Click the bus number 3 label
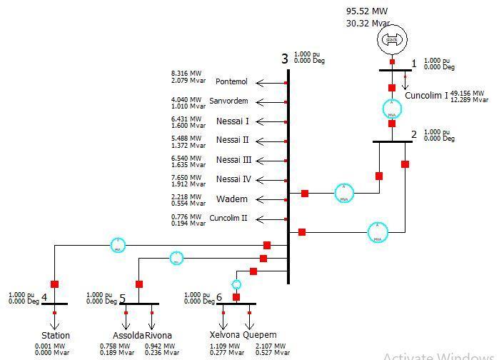[x=284, y=59]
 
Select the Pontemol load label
[x=232, y=82]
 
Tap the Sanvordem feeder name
[x=228, y=101]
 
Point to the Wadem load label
[x=232, y=199]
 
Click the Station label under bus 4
[x=56, y=335]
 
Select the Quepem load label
[x=260, y=334]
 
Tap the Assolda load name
[x=128, y=335]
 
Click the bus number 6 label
[x=218, y=297]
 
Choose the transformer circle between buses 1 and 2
[x=391, y=107]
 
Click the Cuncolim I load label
[x=426, y=96]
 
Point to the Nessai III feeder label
[x=233, y=160]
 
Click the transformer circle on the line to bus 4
[x=118, y=245]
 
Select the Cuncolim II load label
[x=228, y=219]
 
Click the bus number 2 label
[x=413, y=134]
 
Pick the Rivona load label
[x=158, y=335]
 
